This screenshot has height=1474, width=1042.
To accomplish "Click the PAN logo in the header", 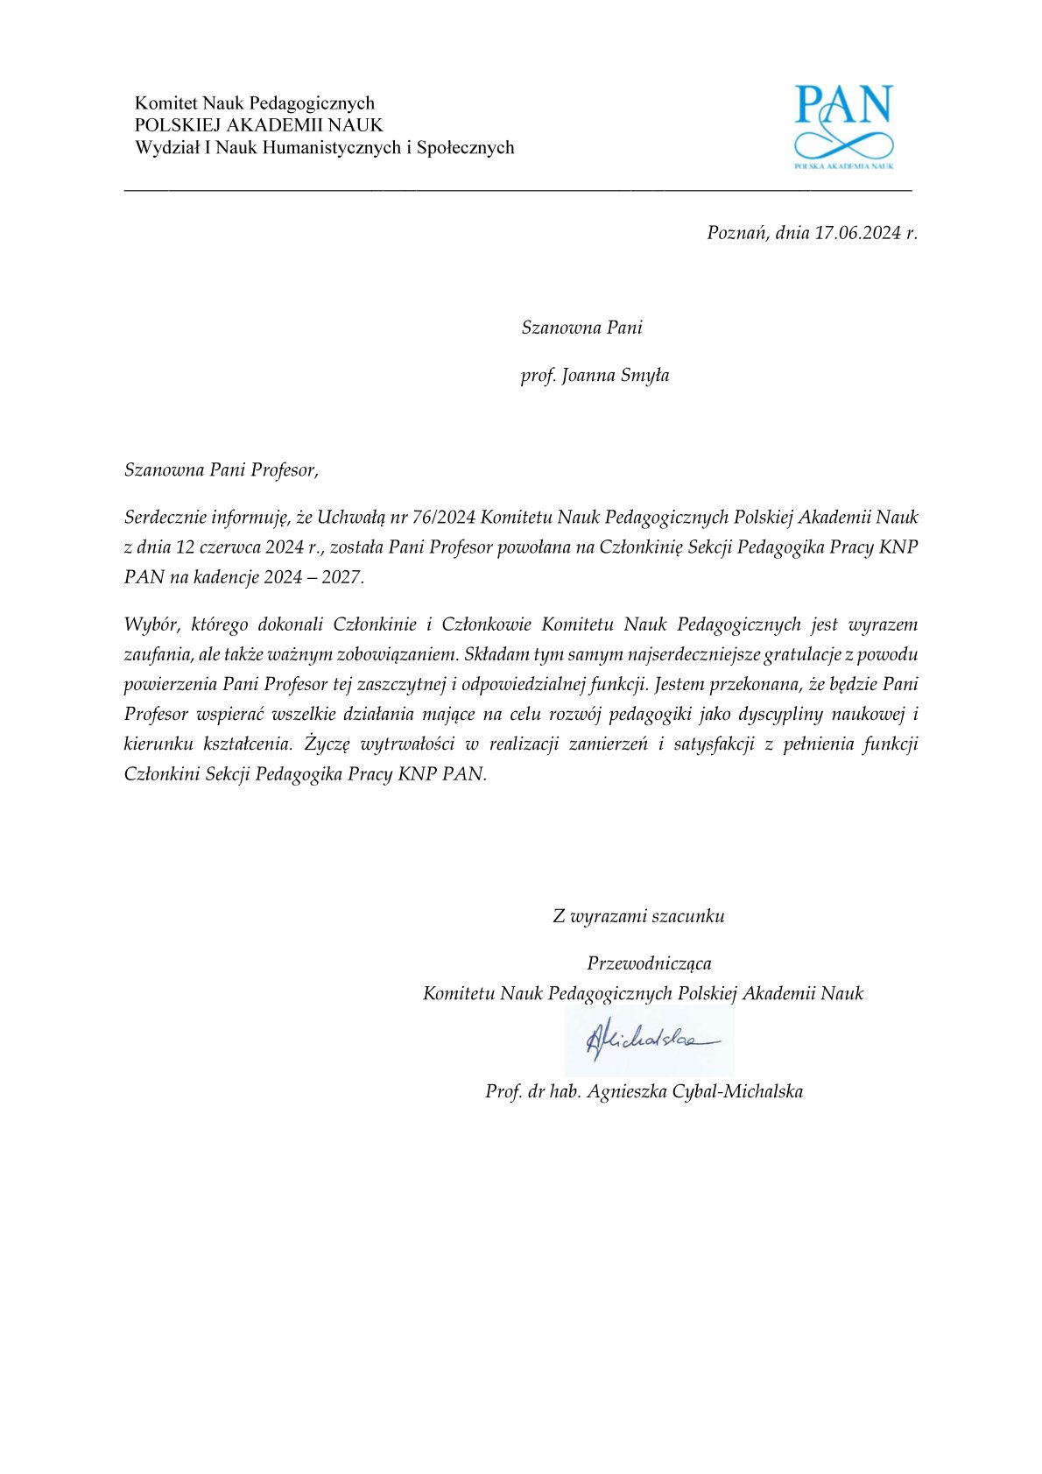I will tap(843, 125).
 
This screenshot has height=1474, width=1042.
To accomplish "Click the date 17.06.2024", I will tap(857, 233).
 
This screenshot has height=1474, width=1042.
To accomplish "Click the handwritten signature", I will tap(649, 1040).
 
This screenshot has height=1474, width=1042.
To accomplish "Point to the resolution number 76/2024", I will tap(444, 518).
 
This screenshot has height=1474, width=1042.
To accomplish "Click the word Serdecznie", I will tap(165, 518).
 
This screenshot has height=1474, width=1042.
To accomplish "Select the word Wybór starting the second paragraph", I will tap(151, 625).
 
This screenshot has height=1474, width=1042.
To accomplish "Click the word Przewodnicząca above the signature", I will tap(649, 963).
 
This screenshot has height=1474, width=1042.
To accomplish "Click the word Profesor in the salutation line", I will tap(284, 470).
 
